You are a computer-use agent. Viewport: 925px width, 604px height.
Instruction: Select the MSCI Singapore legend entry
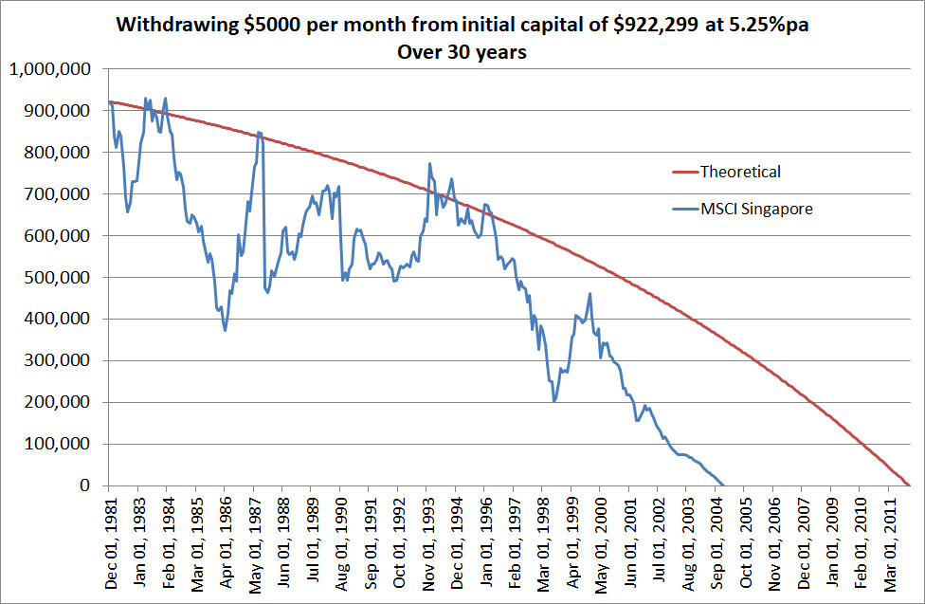point(756,210)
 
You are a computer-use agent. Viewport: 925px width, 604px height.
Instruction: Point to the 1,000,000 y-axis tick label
point(49,69)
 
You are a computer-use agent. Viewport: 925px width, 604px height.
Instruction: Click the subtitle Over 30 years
point(462,52)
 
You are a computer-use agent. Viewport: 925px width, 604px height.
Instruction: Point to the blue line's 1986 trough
point(225,330)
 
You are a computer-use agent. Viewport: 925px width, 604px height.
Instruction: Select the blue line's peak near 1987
point(259,133)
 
